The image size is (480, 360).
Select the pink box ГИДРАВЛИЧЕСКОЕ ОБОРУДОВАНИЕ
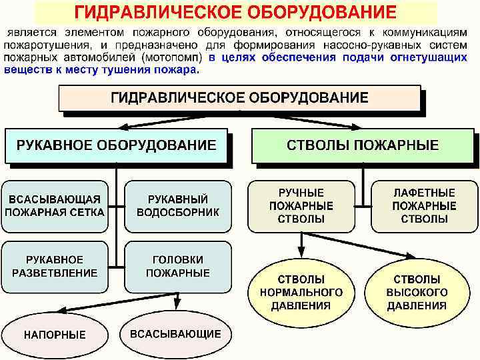(239, 98)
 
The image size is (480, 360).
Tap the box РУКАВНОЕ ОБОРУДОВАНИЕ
(116, 145)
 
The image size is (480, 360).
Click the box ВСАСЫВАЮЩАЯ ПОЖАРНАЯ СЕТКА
(55, 206)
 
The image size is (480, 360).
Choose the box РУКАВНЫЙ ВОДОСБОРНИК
(177, 206)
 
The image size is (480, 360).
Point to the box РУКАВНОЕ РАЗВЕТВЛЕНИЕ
(55, 266)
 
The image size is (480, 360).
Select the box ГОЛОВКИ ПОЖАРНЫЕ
(177, 266)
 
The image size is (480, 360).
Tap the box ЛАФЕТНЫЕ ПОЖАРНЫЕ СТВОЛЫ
(424, 205)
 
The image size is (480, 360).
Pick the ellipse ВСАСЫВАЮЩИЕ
(175, 333)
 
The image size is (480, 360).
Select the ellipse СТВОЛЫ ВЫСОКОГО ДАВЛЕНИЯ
(416, 292)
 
